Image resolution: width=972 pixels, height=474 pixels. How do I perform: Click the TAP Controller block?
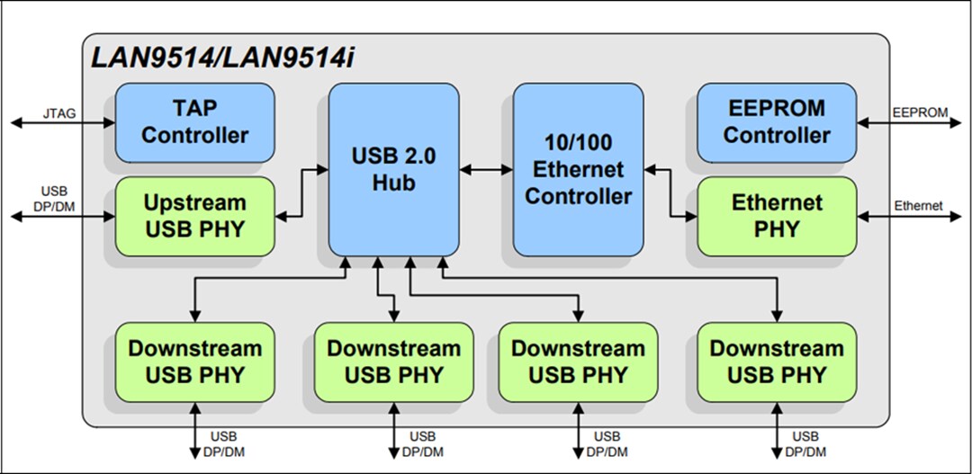(x=194, y=122)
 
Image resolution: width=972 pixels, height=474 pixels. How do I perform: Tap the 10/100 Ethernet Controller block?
(x=578, y=169)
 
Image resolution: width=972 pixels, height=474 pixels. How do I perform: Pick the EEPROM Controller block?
(x=777, y=122)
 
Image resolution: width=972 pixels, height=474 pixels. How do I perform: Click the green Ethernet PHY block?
(x=777, y=216)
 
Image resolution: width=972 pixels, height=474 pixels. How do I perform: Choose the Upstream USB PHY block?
(x=194, y=216)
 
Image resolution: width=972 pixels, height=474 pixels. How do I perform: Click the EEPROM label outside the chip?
(x=920, y=112)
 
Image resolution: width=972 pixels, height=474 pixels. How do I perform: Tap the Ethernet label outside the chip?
(x=918, y=206)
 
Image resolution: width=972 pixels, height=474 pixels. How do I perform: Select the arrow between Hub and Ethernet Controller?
(x=486, y=169)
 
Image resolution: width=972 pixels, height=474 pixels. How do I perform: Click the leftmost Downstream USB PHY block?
(x=194, y=362)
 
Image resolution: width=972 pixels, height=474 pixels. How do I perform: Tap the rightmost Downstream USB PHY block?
(x=777, y=362)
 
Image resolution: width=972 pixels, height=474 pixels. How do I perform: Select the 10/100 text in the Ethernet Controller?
(x=578, y=142)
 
